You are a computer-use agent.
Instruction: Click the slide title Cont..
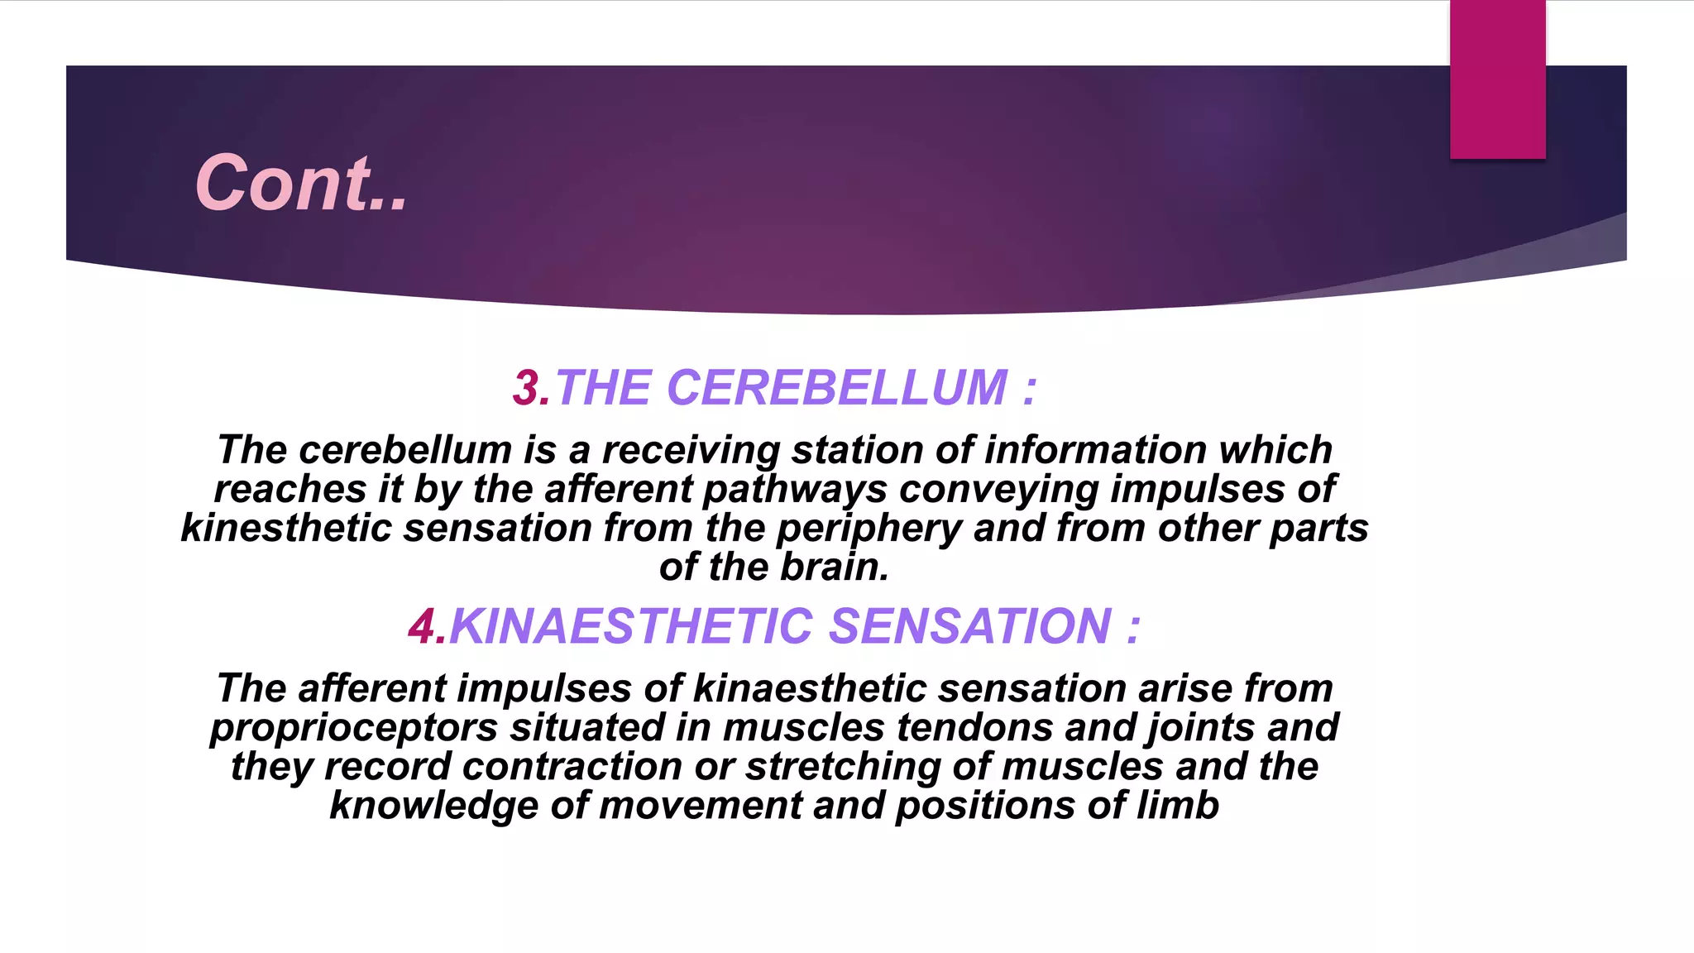click(x=301, y=183)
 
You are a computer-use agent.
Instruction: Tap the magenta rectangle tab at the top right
click(x=1497, y=79)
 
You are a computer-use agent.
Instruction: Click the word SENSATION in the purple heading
click(x=969, y=626)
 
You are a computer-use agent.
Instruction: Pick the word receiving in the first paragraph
click(x=690, y=451)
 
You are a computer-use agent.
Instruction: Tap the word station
click(x=857, y=450)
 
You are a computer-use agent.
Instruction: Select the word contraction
click(x=572, y=766)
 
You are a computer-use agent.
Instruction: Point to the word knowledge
click(x=433, y=806)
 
